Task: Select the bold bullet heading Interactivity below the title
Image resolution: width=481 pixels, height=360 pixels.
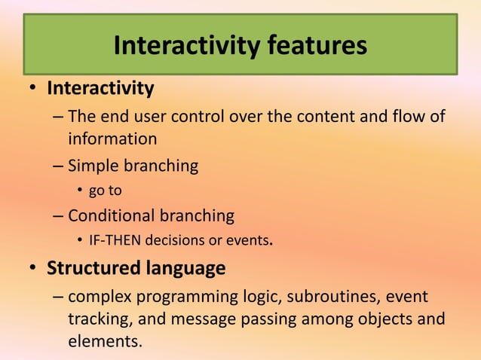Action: point(100,89)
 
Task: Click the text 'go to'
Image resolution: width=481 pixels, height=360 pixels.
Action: point(105,191)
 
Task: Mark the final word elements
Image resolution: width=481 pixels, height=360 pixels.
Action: point(104,340)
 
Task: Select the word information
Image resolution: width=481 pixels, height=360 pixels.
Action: point(112,139)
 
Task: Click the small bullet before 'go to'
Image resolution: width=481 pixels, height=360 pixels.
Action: point(81,191)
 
